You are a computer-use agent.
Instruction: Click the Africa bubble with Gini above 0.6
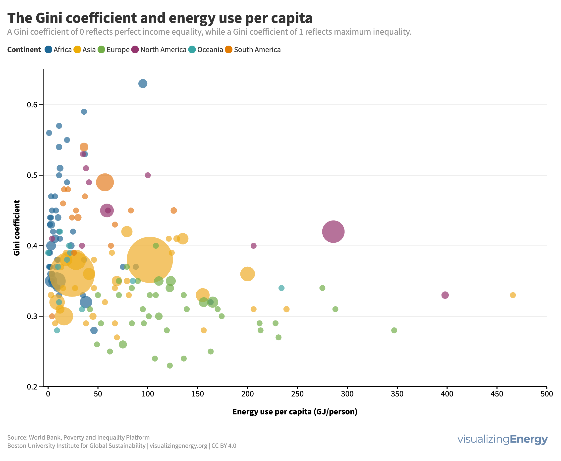pos(143,84)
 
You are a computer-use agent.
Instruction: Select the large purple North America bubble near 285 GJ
pos(333,231)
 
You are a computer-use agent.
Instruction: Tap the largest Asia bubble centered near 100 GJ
pos(150,259)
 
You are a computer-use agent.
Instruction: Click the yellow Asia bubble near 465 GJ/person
pos(513,295)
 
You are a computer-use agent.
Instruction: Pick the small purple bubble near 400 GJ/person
pos(445,295)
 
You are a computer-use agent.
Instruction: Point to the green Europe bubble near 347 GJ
pos(394,330)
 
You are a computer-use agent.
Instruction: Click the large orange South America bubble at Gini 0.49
pos(105,182)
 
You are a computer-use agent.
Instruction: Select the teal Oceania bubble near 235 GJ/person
pos(281,288)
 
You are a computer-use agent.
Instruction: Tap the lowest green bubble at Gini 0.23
pos(170,366)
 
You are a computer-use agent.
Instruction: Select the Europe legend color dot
pos(101,50)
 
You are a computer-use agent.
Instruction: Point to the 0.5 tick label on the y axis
pos(31,175)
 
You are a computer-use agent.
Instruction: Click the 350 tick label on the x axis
pos(397,394)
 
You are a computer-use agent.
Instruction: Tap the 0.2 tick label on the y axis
pos(31,387)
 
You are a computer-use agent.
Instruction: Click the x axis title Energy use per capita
pos(294,412)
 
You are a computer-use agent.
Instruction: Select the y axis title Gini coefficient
pos(17,228)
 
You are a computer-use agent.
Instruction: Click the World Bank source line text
pos(78,437)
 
